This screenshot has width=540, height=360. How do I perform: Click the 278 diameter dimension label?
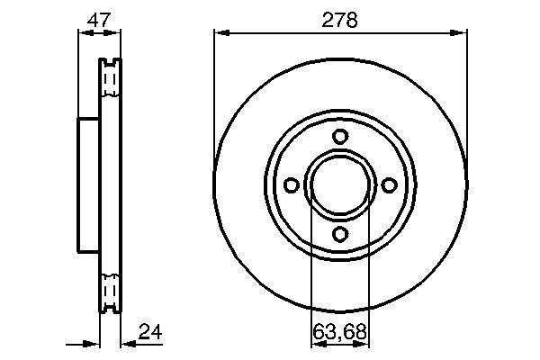click(x=340, y=18)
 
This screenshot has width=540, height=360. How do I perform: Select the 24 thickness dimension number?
click(x=152, y=333)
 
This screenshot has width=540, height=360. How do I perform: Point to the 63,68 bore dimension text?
click(x=340, y=333)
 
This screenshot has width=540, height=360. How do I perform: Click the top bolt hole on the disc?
click(x=340, y=137)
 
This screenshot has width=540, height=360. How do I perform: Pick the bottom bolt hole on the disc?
click(x=340, y=235)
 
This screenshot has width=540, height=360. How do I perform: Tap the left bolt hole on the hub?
click(x=291, y=185)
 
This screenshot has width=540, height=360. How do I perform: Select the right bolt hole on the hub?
click(x=390, y=185)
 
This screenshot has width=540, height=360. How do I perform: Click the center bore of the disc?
click(x=340, y=185)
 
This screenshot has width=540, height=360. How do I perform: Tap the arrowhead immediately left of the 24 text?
click(x=127, y=342)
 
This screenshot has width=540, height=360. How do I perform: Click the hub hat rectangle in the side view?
click(x=88, y=185)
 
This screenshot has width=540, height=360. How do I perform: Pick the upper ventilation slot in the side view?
click(x=110, y=81)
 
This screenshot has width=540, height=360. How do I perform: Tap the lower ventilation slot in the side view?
click(x=110, y=291)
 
